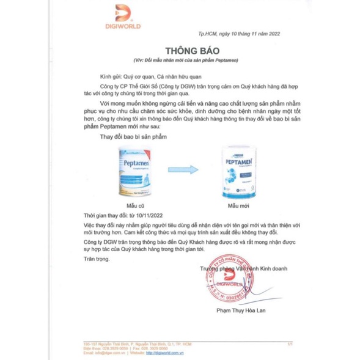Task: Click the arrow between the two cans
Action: pos(186,171)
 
